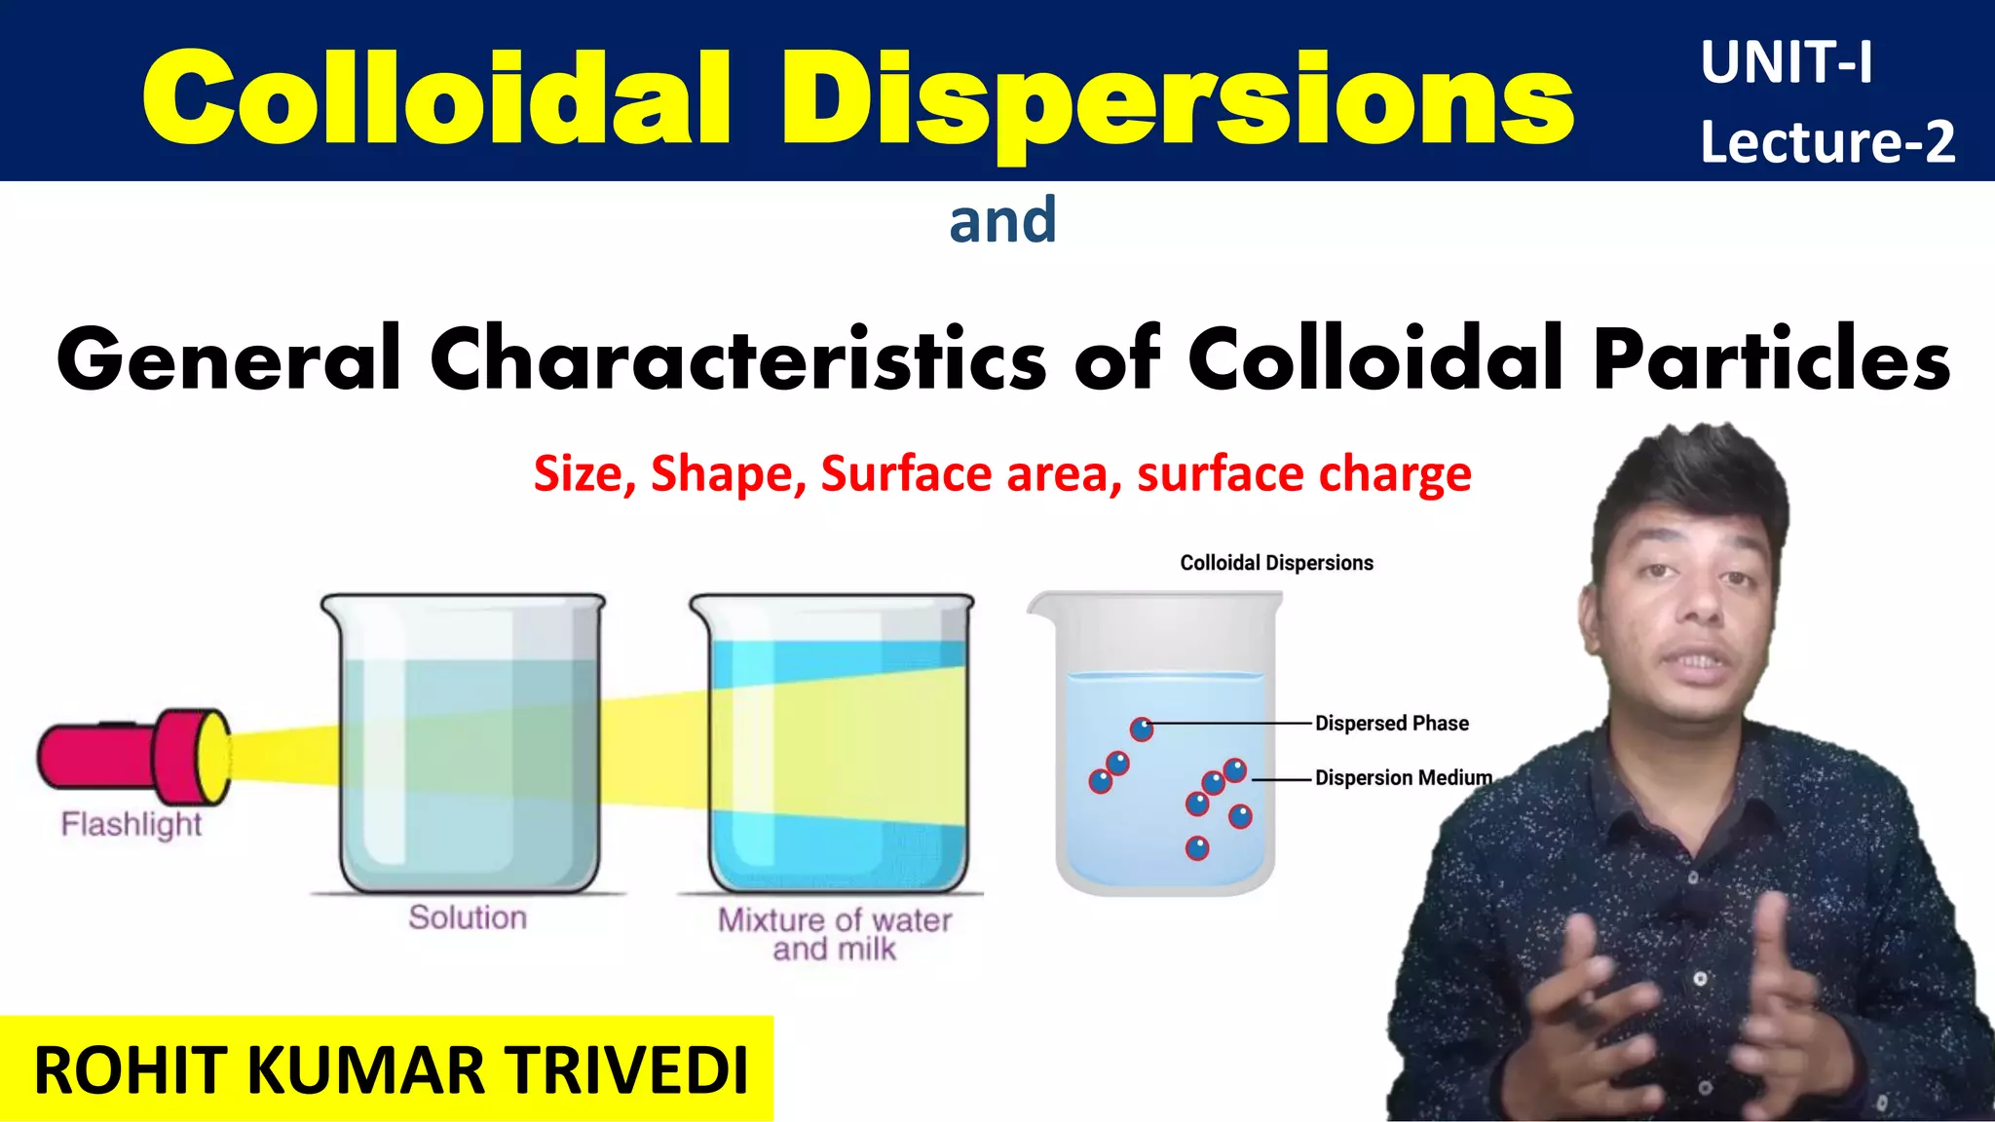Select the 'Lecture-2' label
(x=1827, y=142)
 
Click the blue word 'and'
(x=1002, y=220)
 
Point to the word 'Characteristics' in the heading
(x=738, y=360)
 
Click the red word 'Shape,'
(x=729, y=474)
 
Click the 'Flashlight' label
(x=131, y=825)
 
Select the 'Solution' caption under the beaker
(x=468, y=917)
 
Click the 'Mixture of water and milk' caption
(x=835, y=934)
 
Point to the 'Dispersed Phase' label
(x=1391, y=724)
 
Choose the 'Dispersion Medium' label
(x=1403, y=778)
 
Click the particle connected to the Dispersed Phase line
(x=1142, y=729)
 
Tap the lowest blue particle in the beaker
(x=1197, y=848)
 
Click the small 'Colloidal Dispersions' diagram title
(x=1276, y=563)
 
